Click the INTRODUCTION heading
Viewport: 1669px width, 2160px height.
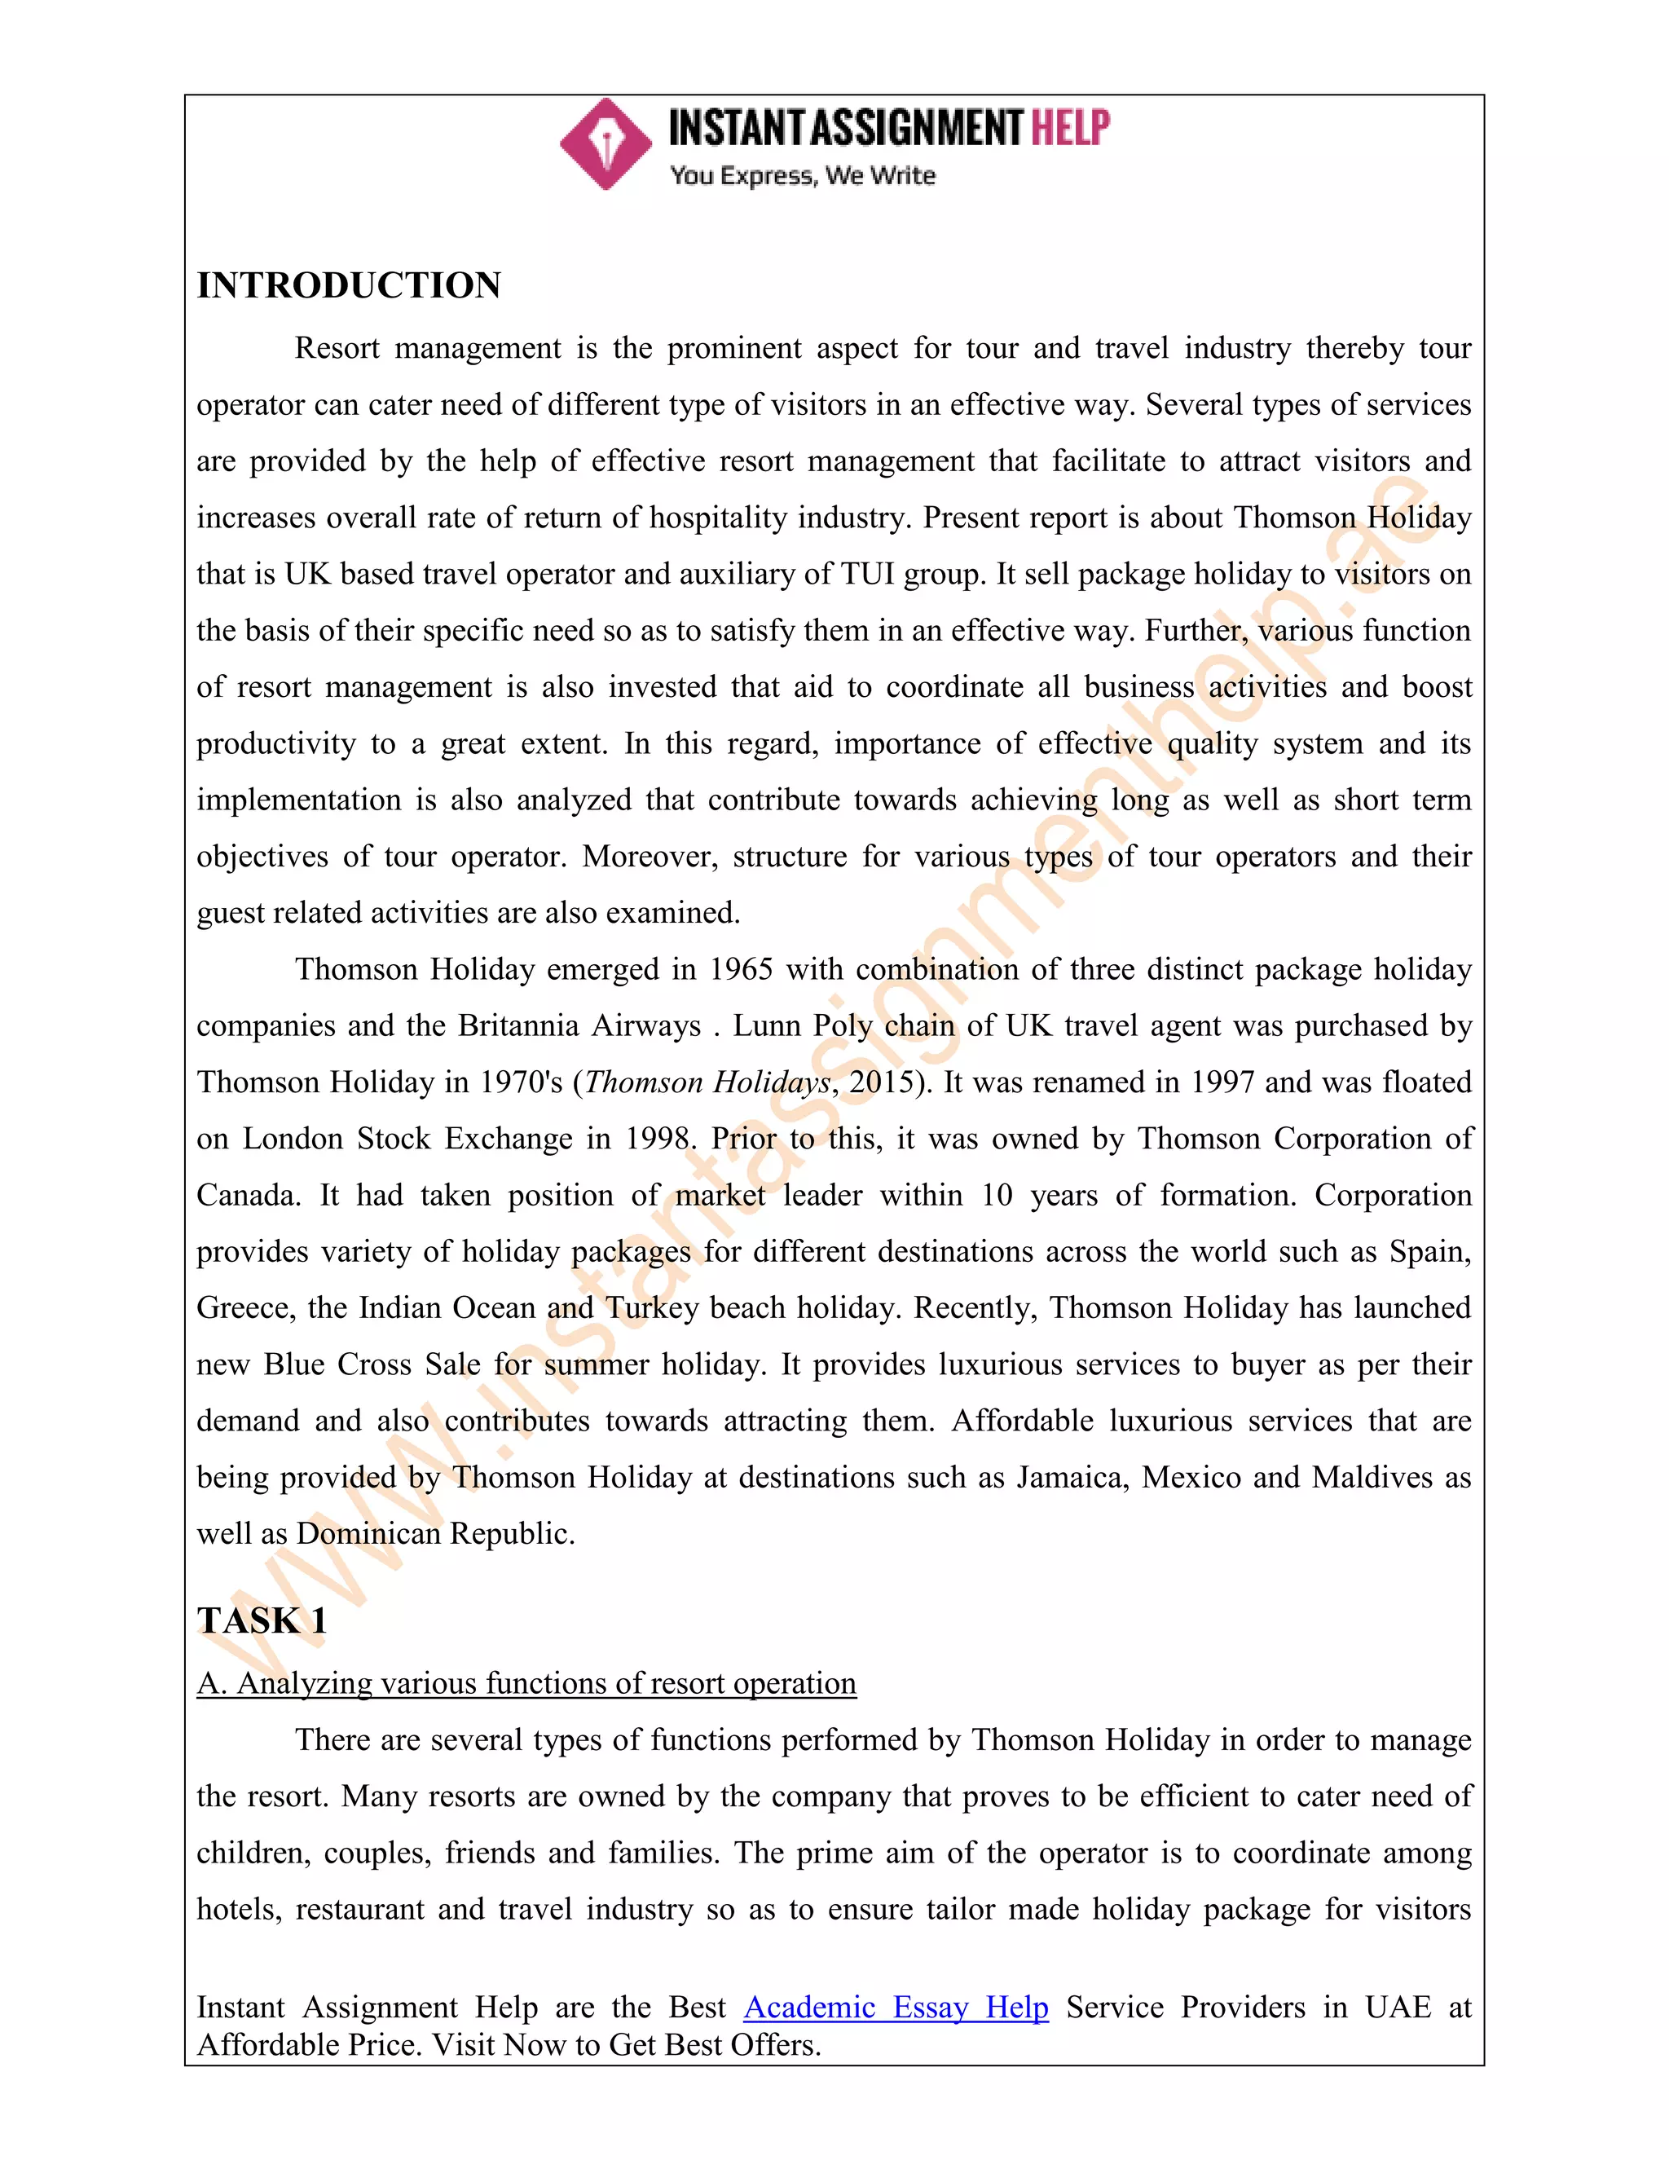point(348,286)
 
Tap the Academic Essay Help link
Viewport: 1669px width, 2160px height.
point(895,2007)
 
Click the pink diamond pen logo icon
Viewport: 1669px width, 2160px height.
point(606,144)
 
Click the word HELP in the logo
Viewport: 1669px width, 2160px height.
point(1070,129)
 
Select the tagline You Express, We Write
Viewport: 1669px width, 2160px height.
point(802,176)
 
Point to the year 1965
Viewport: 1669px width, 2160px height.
point(741,969)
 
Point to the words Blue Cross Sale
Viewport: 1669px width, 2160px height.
point(372,1364)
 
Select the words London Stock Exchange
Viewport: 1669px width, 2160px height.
point(407,1139)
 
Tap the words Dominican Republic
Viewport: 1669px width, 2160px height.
point(434,1533)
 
